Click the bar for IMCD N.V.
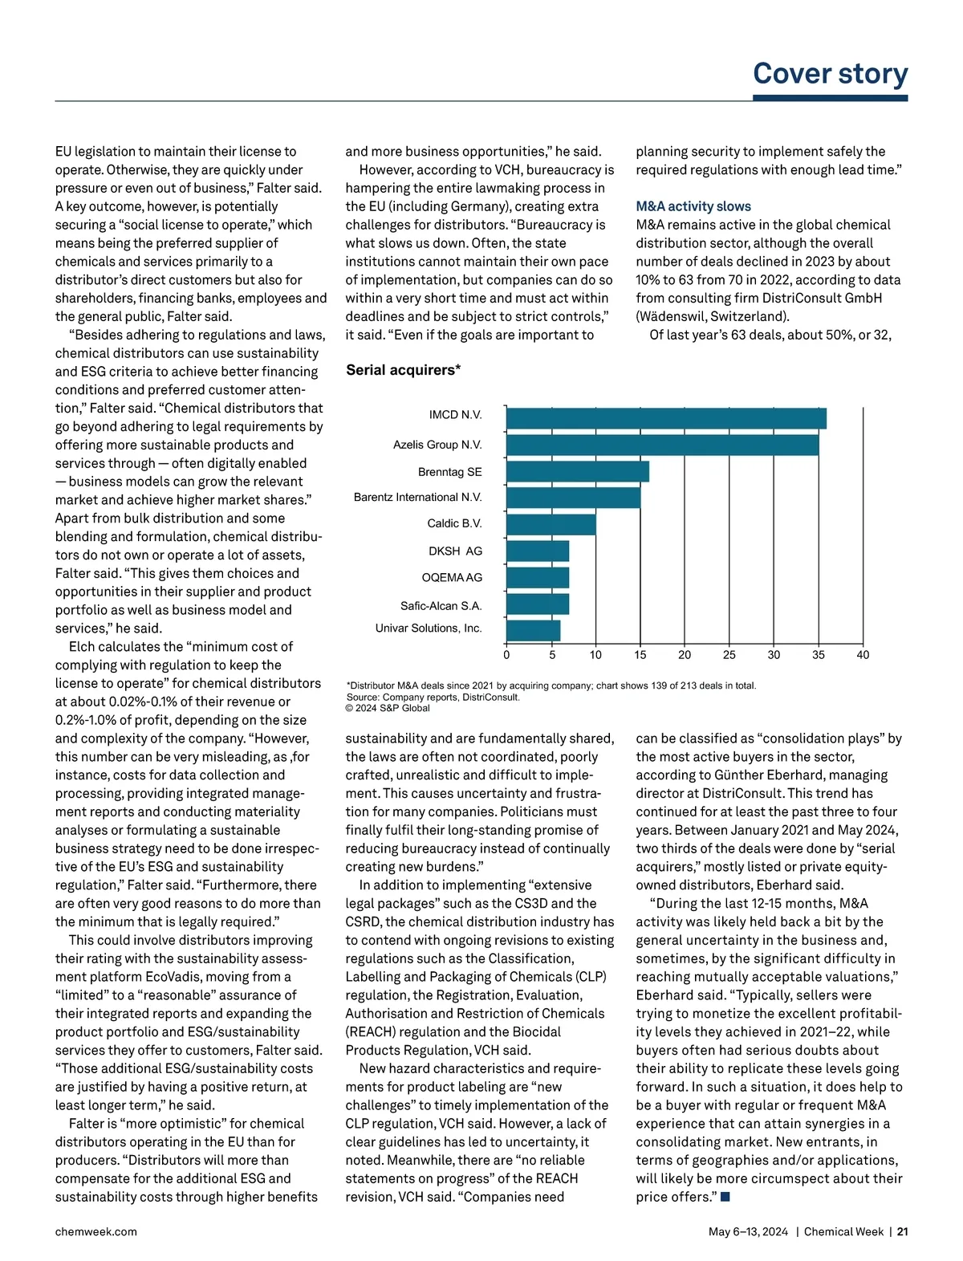666,418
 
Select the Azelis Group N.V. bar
662,445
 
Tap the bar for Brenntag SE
577,471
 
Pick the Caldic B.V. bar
551,524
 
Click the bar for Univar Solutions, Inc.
533,630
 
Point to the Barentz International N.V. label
417,498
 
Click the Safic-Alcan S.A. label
441,606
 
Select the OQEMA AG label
452,578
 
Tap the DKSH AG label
455,551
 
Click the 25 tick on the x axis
729,655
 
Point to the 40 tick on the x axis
863,655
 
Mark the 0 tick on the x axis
506,655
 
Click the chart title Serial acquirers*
403,370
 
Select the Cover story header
830,74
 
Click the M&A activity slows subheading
693,206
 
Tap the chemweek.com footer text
95,1231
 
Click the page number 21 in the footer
902,1231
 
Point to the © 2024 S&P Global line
388,708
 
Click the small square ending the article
725,1198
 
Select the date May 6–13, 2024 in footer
748,1231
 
